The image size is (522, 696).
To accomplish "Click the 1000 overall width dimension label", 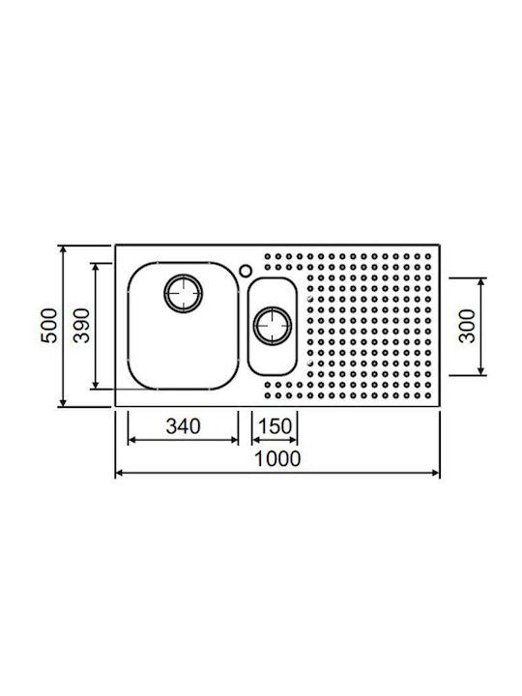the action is click(277, 458).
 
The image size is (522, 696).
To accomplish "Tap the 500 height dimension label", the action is click(49, 326).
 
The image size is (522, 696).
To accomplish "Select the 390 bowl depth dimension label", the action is click(81, 326).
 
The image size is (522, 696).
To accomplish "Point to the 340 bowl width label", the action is click(183, 426).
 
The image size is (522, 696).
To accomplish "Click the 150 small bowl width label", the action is click(275, 426).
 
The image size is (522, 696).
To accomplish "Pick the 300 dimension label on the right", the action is click(467, 326).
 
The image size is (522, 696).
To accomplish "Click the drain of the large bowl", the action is click(184, 294).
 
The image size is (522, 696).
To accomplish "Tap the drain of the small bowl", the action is click(273, 326).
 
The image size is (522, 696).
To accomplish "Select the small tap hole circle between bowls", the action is click(245, 271).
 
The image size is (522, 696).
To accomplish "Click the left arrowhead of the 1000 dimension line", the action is click(119, 473).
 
